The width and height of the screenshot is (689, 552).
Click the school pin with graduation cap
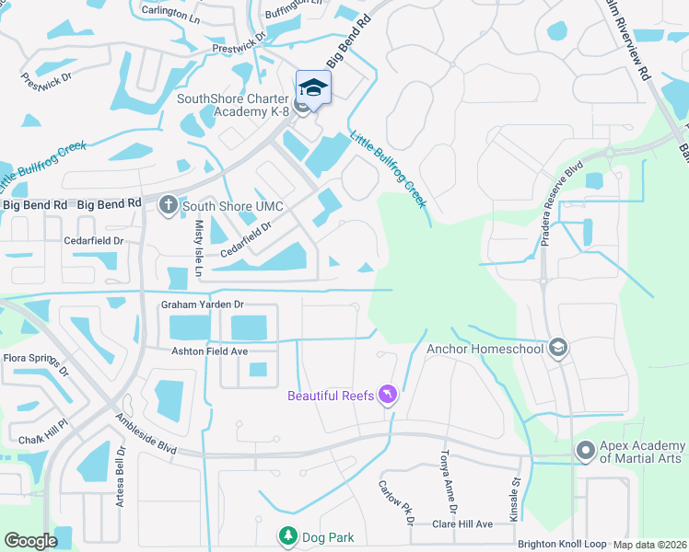313,88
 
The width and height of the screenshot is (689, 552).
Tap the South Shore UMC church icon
168,204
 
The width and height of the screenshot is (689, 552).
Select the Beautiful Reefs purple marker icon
388,395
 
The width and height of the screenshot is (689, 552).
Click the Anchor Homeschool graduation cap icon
557,348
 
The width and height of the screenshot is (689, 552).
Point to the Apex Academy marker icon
585,451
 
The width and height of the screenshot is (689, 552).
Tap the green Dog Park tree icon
288,535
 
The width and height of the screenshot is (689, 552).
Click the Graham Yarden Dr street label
202,304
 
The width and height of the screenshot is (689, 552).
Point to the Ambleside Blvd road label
145,431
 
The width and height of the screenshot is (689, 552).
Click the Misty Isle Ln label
197,249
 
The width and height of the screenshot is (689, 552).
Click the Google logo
30,541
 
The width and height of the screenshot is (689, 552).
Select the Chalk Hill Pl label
38,427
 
